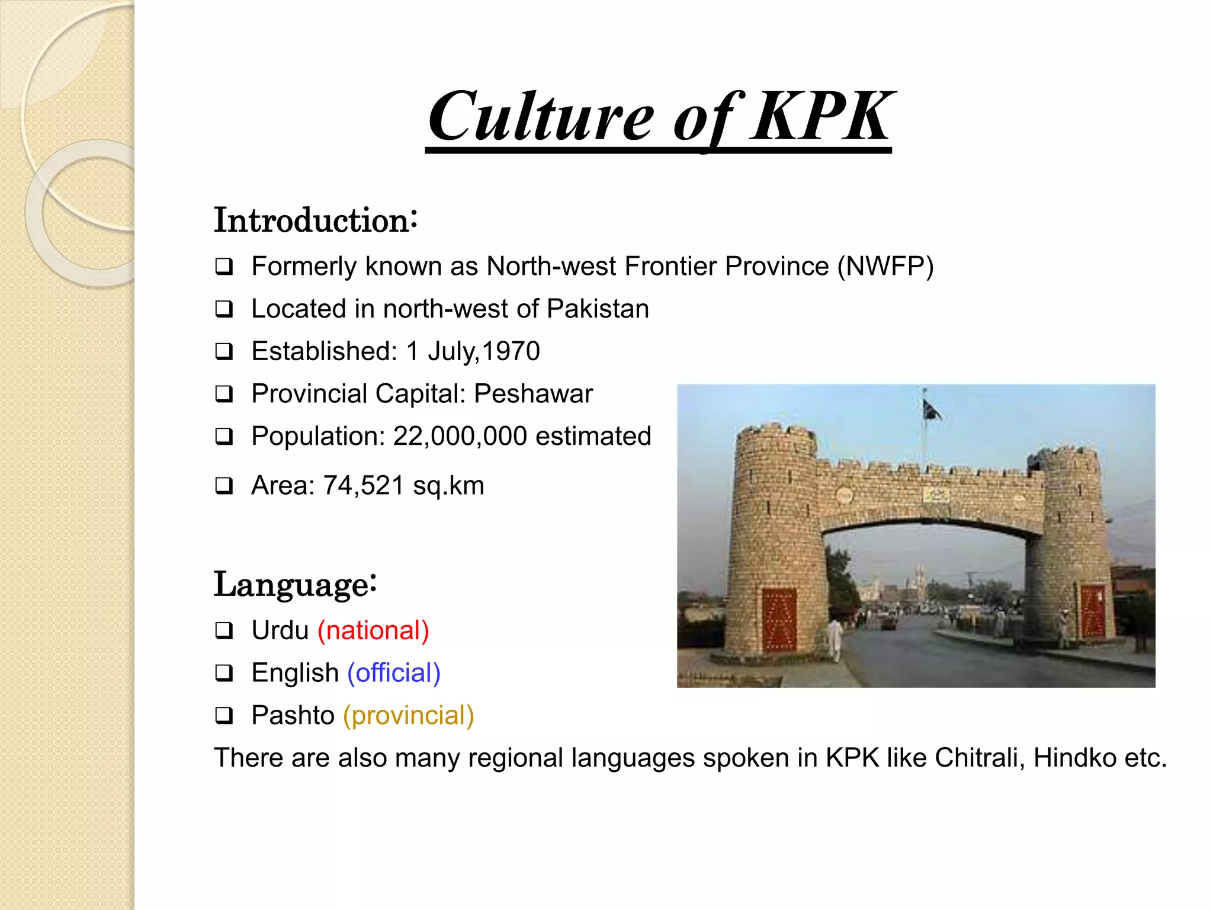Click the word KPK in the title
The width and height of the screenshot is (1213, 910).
pyautogui.click(x=822, y=116)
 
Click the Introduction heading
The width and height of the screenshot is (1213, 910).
pyautogui.click(x=316, y=220)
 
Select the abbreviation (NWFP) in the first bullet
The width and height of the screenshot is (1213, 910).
pyautogui.click(x=885, y=267)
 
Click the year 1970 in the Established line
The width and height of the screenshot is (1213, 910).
pyautogui.click(x=511, y=351)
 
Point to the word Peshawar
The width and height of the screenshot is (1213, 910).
pyautogui.click(x=533, y=394)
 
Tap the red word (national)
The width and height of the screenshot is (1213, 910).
pyautogui.click(x=373, y=630)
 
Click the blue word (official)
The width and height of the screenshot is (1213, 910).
pyautogui.click(x=394, y=673)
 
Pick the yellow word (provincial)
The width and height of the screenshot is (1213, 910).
pyautogui.click(x=409, y=716)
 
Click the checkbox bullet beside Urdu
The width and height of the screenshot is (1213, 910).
pyautogui.click(x=224, y=630)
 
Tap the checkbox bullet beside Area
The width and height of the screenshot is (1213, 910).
pyautogui.click(x=224, y=486)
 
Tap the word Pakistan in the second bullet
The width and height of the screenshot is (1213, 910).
pyautogui.click(x=598, y=309)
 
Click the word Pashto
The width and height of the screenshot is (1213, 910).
pyautogui.click(x=293, y=716)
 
